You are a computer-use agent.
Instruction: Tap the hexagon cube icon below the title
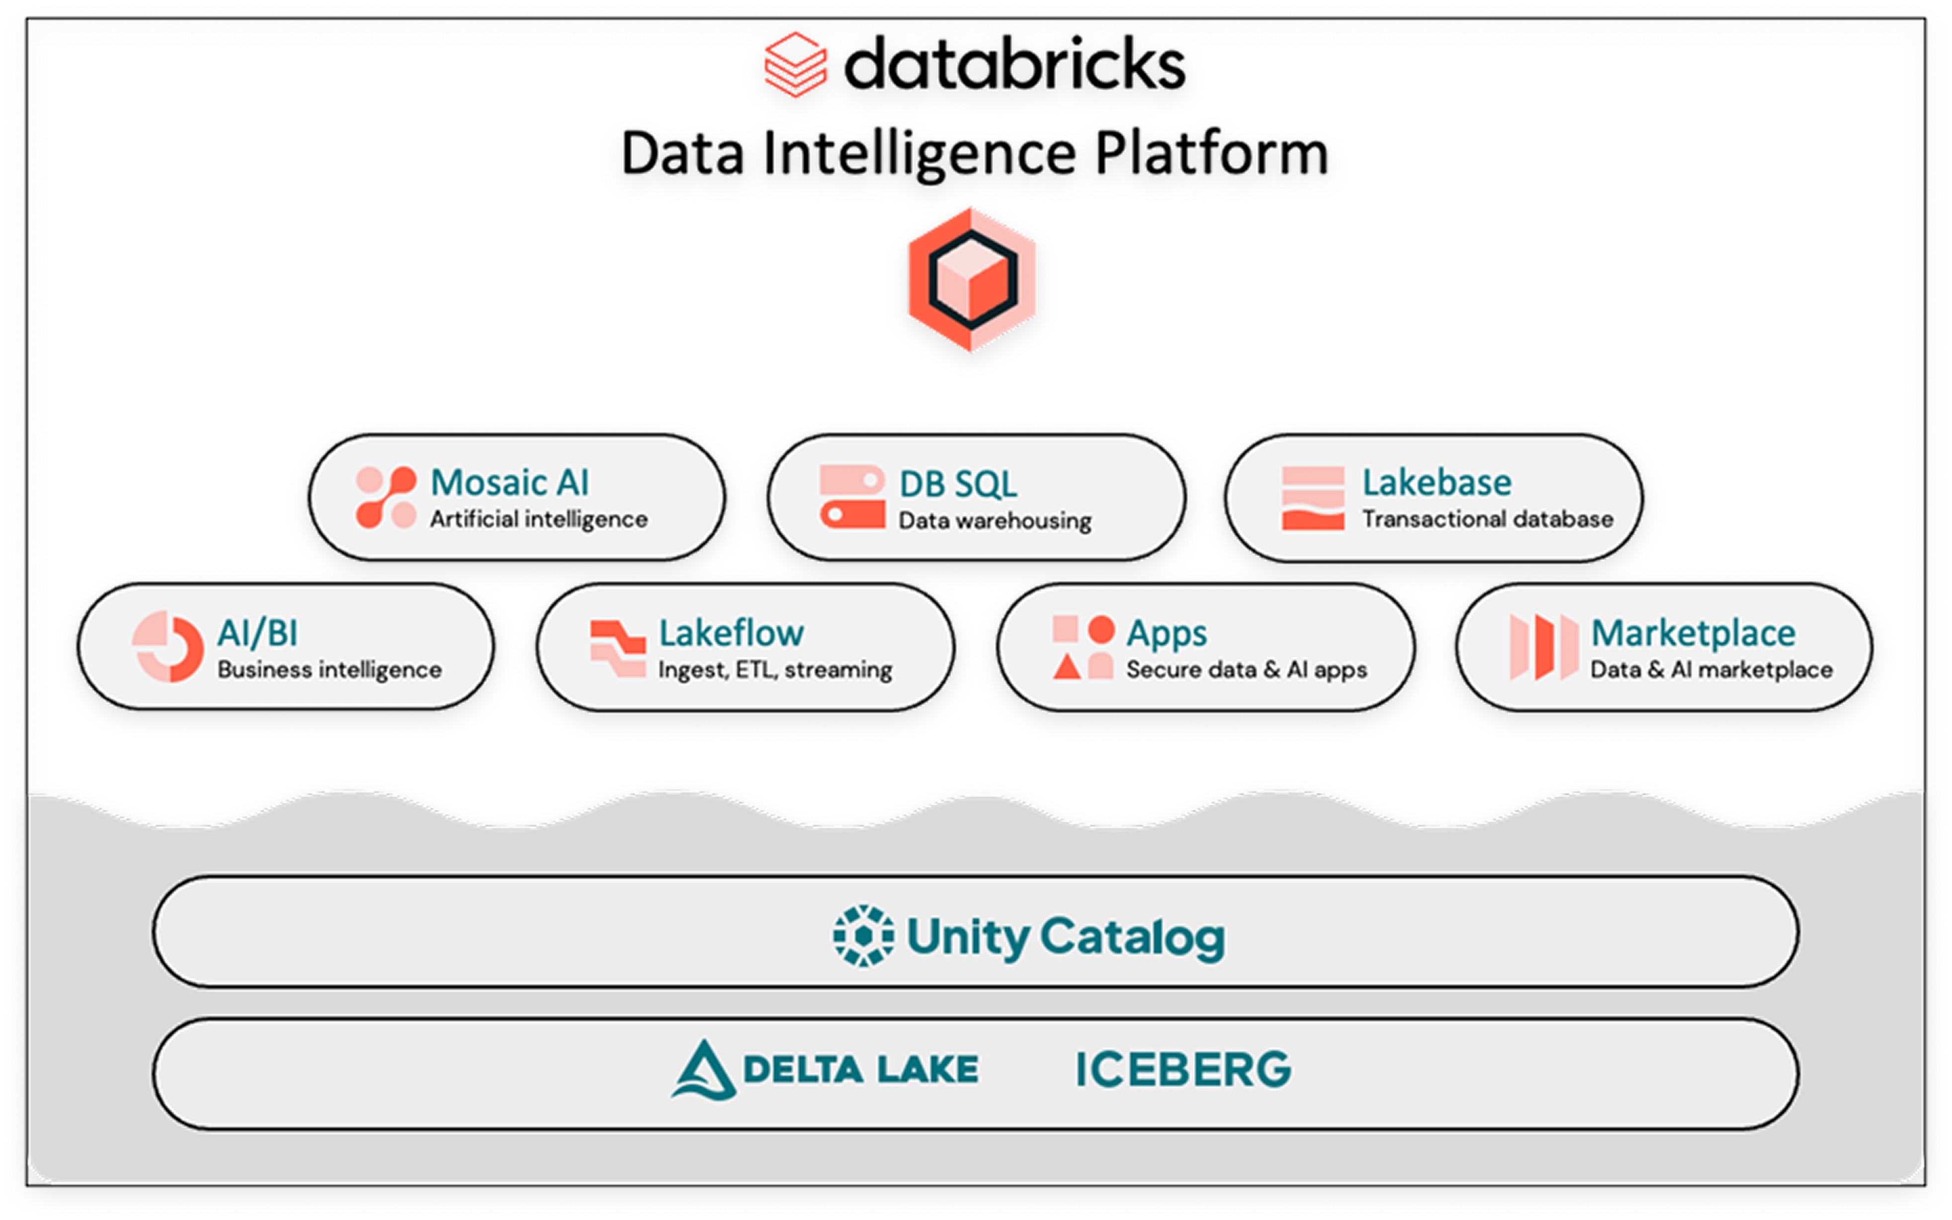point(973,280)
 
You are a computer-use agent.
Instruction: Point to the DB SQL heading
point(958,485)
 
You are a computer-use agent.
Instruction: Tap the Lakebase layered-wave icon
point(1313,498)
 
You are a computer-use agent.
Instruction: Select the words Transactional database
point(1487,520)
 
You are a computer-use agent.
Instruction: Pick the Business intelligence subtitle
point(329,670)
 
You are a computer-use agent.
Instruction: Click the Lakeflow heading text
point(731,633)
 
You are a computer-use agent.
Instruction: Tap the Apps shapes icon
point(1083,647)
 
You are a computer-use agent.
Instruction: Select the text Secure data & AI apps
point(1246,670)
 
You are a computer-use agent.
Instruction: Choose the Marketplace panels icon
point(1544,647)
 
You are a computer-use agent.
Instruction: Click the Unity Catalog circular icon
point(863,936)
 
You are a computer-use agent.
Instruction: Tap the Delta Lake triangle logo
point(703,1070)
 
